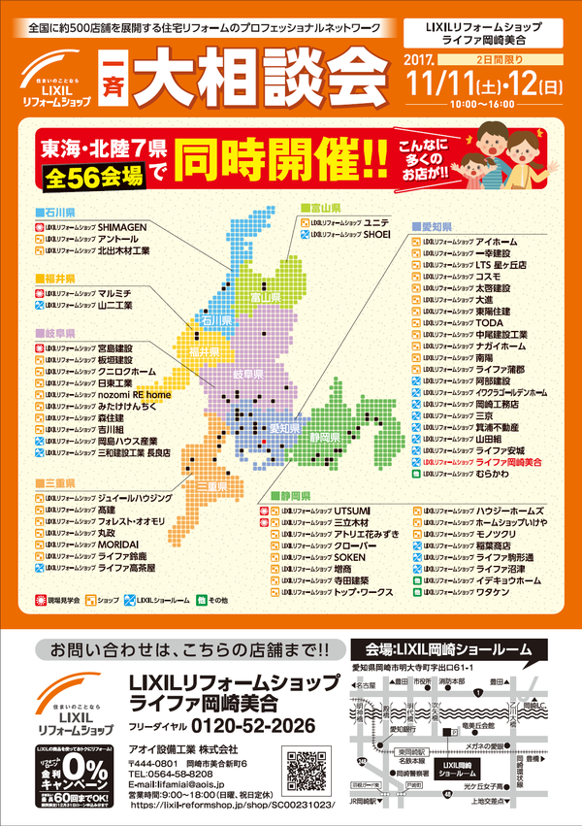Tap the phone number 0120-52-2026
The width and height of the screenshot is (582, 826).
255,725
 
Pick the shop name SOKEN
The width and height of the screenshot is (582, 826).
350,559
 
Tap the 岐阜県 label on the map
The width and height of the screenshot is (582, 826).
247,374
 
